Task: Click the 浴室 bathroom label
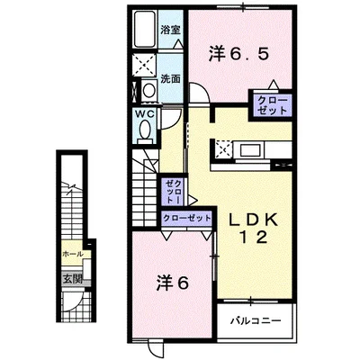[x=170, y=30]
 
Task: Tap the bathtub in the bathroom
[x=144, y=29]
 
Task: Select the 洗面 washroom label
[x=170, y=78]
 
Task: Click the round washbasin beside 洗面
[x=148, y=90]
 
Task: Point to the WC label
[x=146, y=114]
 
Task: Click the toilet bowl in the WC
[x=146, y=129]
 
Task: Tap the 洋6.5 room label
[x=238, y=54]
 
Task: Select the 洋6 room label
[x=172, y=283]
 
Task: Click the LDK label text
[x=253, y=220]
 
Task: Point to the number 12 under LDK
[x=255, y=238]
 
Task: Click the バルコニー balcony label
[x=256, y=321]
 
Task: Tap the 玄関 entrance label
[x=72, y=279]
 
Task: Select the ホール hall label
[x=72, y=255]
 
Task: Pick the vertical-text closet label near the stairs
[x=174, y=192]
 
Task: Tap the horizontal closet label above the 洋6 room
[x=186, y=217]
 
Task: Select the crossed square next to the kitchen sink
[x=222, y=149]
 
